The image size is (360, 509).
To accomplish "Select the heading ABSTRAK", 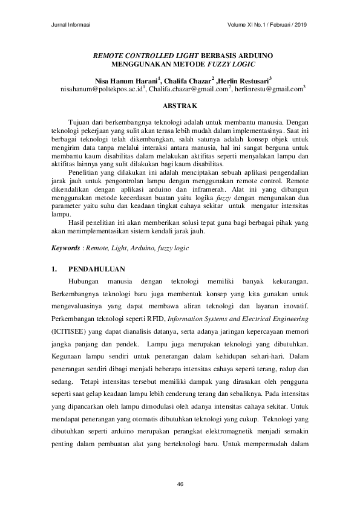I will pos(180,106).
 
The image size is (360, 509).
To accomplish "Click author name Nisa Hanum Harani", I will pos(125,80).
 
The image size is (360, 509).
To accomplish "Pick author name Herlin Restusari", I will pos(241,80).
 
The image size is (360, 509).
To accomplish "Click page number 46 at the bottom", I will pos(180,484).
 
